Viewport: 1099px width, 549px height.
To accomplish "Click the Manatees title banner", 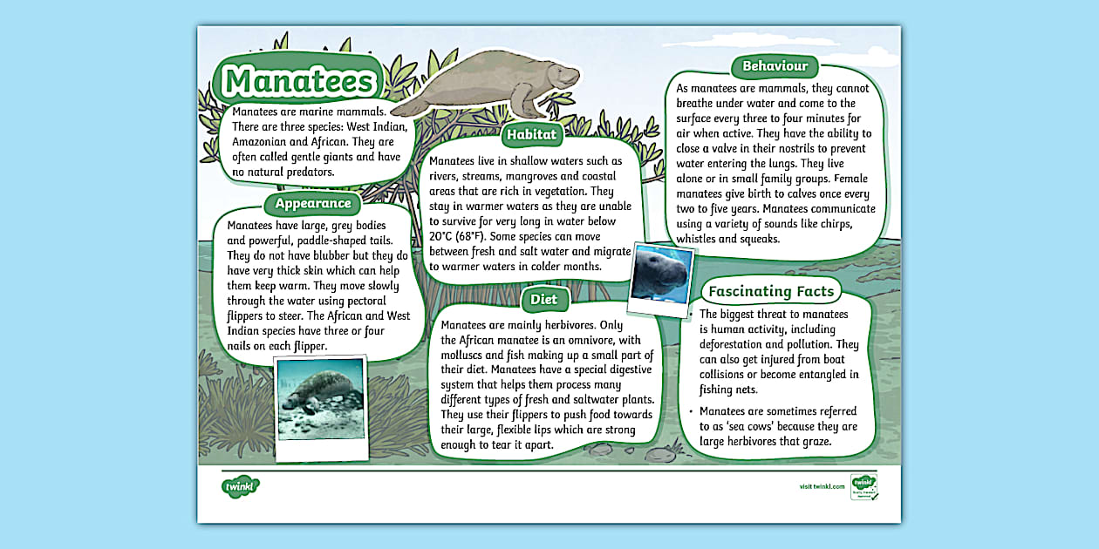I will (297, 81).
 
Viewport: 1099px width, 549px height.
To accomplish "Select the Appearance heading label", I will (313, 204).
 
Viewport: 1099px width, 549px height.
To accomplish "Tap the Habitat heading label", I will (531, 134).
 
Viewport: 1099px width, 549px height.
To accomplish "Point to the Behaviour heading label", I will (775, 66).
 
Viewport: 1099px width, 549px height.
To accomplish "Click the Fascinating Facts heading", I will (771, 291).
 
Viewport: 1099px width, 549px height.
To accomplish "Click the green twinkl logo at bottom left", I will (241, 485).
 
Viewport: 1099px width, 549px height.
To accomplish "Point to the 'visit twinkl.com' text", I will (822, 486).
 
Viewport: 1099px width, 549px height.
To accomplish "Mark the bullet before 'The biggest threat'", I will (690, 314).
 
